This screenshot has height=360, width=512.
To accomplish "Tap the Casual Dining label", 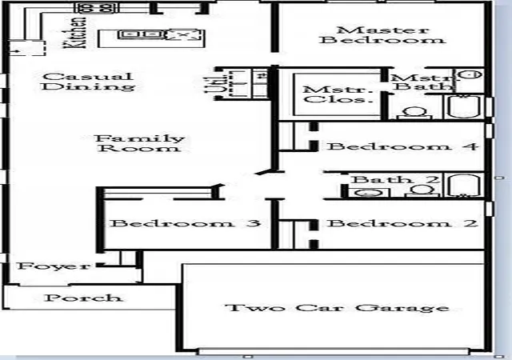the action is [x=88, y=82].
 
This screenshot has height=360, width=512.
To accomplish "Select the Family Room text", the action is [x=140, y=143].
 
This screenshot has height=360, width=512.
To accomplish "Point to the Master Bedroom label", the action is [x=382, y=35].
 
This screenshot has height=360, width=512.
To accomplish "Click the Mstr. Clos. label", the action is [x=338, y=94].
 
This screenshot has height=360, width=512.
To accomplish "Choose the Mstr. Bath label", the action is [x=423, y=82].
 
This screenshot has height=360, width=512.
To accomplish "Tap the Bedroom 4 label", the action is [x=403, y=146].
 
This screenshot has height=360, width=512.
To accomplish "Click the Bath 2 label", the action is [x=395, y=179].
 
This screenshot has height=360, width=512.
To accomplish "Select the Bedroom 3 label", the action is [x=186, y=223].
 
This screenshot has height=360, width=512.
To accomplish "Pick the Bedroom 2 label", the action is [x=402, y=223].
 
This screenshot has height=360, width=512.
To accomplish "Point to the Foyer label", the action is [x=54, y=266].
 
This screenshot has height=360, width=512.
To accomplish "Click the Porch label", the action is [x=83, y=298].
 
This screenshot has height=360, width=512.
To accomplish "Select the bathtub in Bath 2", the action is [x=464, y=186].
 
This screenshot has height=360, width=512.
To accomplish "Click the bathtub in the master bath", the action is [x=464, y=106].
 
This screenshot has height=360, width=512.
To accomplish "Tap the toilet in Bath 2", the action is [x=422, y=190].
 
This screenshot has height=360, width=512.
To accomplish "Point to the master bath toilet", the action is [x=414, y=114].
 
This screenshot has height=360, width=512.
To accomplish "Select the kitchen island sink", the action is [x=141, y=34].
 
